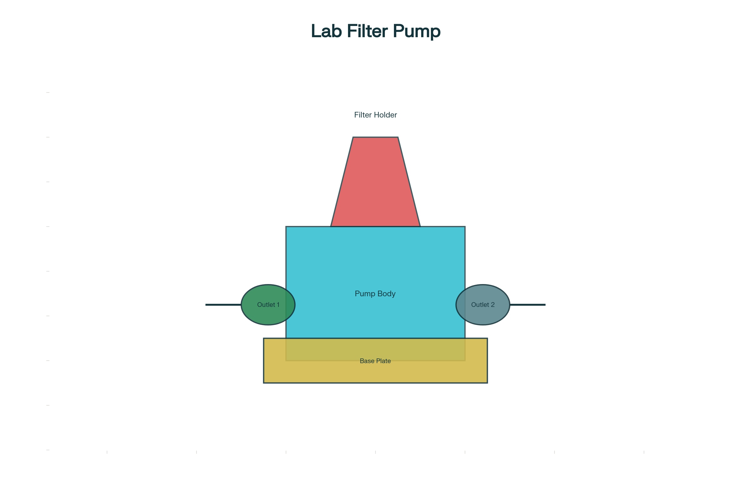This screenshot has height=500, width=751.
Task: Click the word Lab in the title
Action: [x=326, y=31]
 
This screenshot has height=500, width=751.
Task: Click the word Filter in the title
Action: [x=367, y=31]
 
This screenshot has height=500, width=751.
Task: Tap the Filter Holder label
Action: [x=375, y=115]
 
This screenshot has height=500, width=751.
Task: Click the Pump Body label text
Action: [x=375, y=294]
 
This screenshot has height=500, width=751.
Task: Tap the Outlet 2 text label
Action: [x=483, y=305]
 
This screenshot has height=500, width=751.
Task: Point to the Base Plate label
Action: [x=375, y=361]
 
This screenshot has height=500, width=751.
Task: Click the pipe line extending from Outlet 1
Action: [x=223, y=305]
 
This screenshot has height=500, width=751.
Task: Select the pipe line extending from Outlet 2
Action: [x=528, y=305]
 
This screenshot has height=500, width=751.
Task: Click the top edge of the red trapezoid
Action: [x=375, y=137]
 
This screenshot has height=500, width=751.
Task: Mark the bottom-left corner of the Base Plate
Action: [x=264, y=382]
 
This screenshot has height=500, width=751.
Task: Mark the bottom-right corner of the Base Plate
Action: [x=487, y=382]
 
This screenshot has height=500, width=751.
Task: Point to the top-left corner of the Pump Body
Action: [x=286, y=227]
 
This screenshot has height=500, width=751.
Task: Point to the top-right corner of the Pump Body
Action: [x=465, y=227]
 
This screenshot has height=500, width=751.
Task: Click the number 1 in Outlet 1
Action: [x=278, y=305]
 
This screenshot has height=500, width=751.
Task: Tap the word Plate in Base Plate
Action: [x=383, y=361]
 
